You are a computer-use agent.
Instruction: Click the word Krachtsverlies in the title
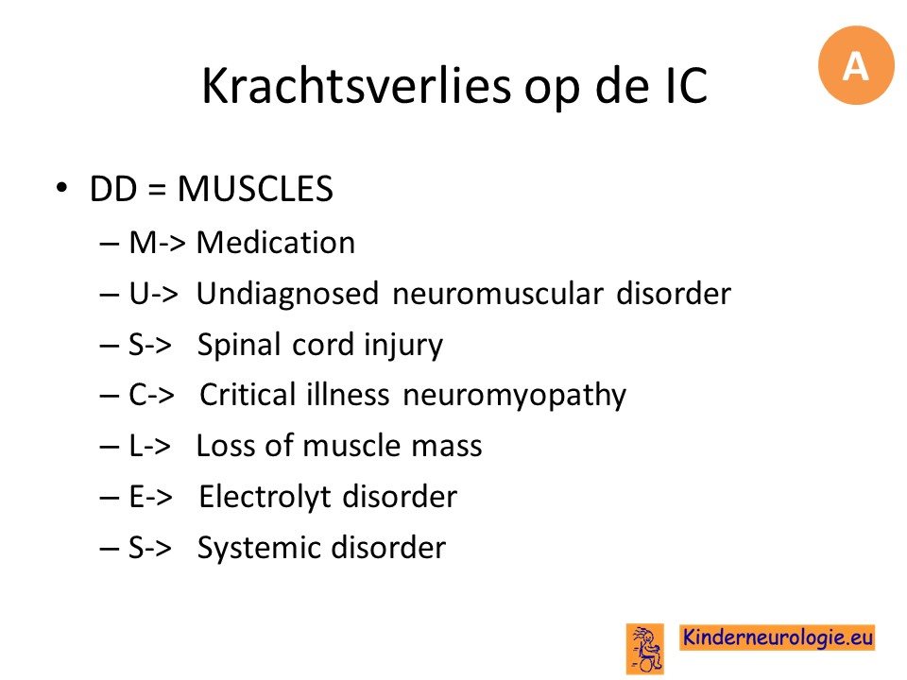(x=356, y=87)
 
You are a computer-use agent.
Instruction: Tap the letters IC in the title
(x=687, y=86)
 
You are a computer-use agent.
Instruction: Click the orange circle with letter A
(x=856, y=65)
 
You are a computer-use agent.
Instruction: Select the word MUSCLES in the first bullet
(x=255, y=189)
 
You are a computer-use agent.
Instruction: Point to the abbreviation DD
(x=113, y=189)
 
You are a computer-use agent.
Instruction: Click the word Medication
(x=275, y=243)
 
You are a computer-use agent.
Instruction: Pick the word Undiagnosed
(x=287, y=295)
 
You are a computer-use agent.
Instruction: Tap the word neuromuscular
(x=498, y=294)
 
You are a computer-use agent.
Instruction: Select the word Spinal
(x=239, y=346)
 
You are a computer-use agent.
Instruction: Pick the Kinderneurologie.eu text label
(x=777, y=637)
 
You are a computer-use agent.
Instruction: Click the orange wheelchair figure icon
(x=645, y=648)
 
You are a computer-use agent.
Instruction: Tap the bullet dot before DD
(x=61, y=188)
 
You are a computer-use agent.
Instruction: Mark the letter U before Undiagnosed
(x=140, y=294)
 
